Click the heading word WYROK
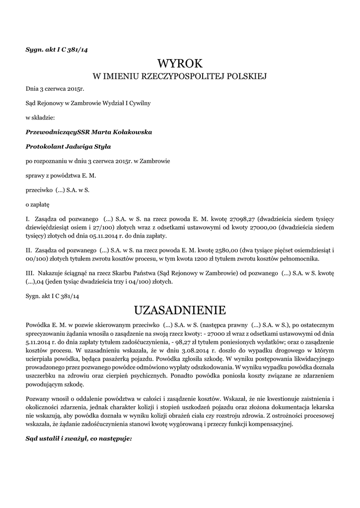[180, 63]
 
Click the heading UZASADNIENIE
[180, 311]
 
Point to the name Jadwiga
[81, 146]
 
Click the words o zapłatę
[38, 204]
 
